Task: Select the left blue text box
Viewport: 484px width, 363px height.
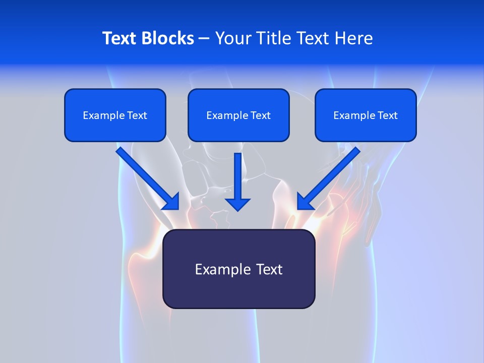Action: tap(115, 115)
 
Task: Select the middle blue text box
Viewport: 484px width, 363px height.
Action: tap(238, 115)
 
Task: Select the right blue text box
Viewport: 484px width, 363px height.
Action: tap(366, 115)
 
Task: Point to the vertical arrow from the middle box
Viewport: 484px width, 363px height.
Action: tap(237, 176)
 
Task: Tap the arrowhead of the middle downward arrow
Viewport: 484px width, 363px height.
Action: tap(237, 204)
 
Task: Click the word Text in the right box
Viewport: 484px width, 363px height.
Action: tap(387, 115)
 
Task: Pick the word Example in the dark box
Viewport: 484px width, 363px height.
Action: tap(222, 269)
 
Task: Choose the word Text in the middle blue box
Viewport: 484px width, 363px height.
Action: tap(260, 115)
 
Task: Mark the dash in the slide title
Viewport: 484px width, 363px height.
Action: tap(204, 38)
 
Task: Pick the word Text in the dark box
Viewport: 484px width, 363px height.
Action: tap(269, 269)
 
